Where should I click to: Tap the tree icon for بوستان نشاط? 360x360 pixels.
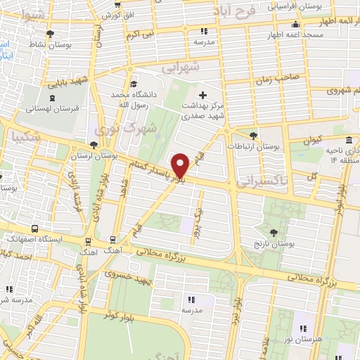[x=49, y=33]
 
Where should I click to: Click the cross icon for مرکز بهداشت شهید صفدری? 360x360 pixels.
[x=203, y=94]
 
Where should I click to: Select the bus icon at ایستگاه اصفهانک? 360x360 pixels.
[x=35, y=229]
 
